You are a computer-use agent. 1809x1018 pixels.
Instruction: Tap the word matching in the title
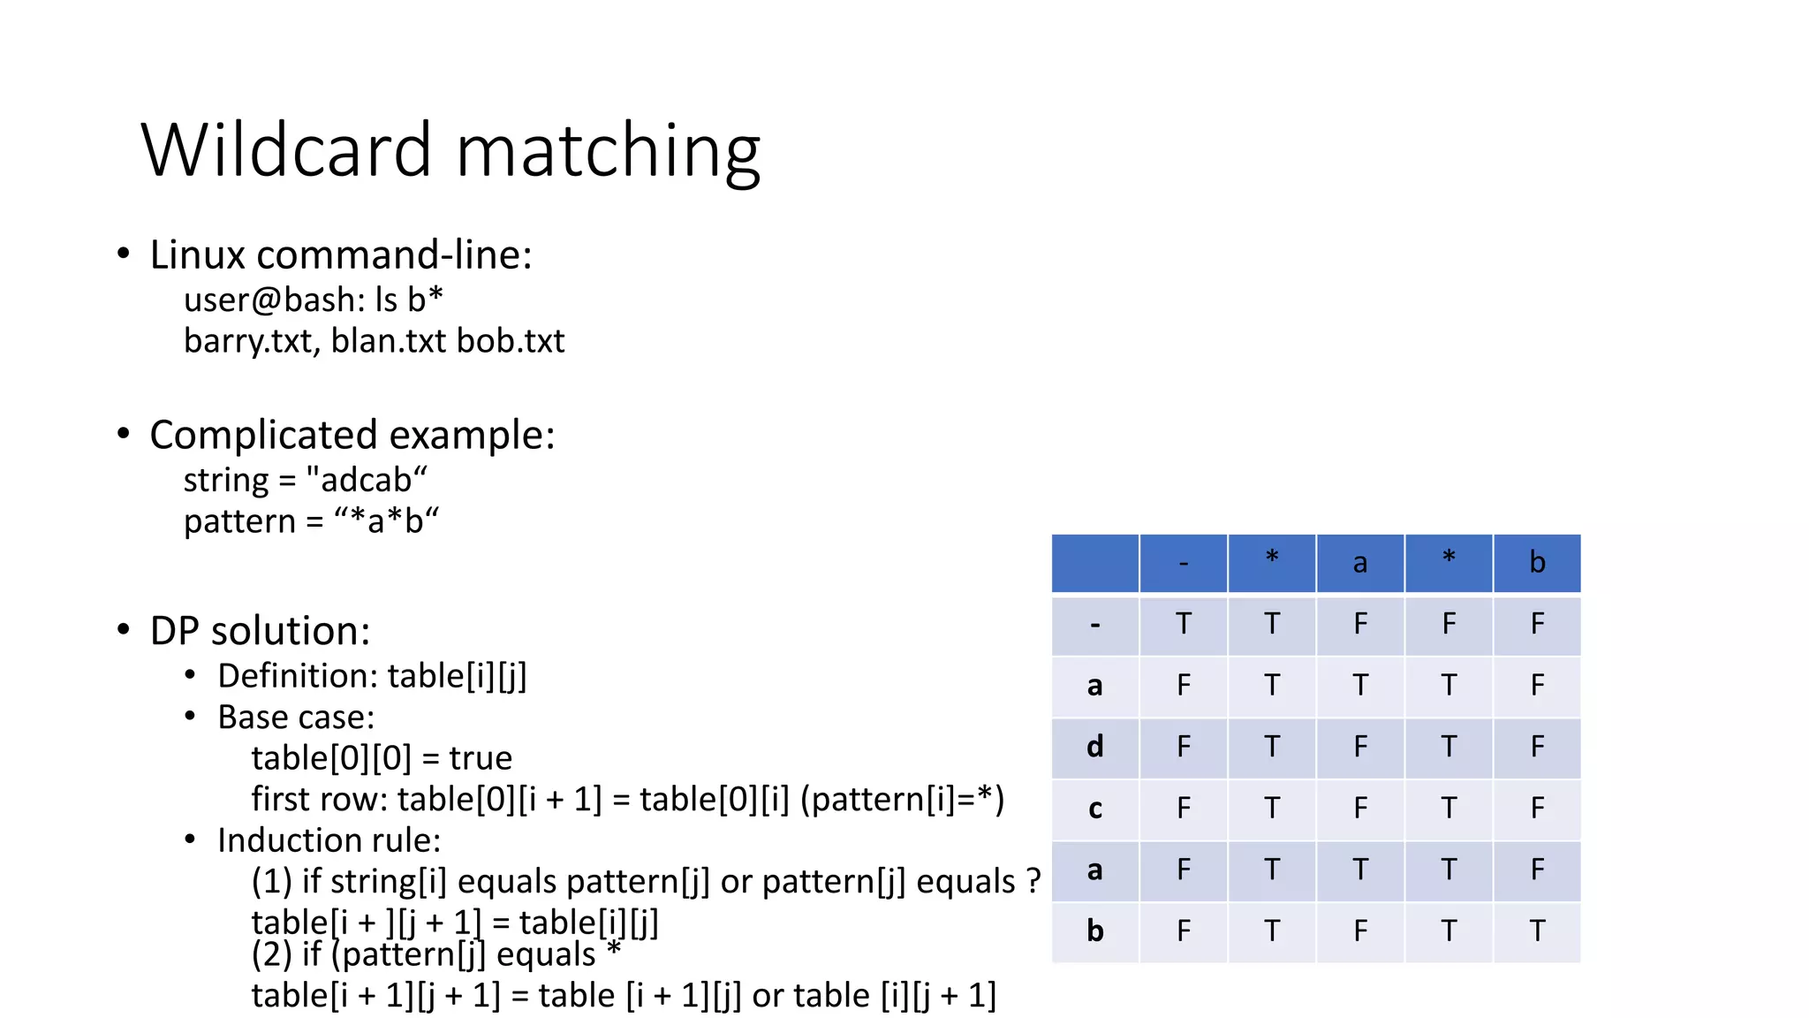pos(608,152)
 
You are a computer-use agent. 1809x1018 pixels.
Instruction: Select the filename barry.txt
pos(251,341)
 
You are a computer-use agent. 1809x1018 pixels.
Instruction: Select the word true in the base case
pos(481,758)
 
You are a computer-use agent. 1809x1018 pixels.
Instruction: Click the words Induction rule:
pos(329,840)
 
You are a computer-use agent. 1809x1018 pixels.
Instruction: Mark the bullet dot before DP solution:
pos(124,630)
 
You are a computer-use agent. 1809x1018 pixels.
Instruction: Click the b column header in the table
pos(1537,563)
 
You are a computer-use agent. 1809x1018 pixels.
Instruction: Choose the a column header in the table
pos(1360,563)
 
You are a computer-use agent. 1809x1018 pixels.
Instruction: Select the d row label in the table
pos(1095,748)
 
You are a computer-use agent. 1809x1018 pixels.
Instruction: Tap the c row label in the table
pos(1095,809)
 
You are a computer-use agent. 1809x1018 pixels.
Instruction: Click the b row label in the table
pos(1095,931)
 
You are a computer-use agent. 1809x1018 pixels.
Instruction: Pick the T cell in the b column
pos(1537,931)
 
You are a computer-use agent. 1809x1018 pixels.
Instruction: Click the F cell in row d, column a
pos(1360,748)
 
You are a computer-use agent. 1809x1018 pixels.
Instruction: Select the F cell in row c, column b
pos(1537,809)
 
